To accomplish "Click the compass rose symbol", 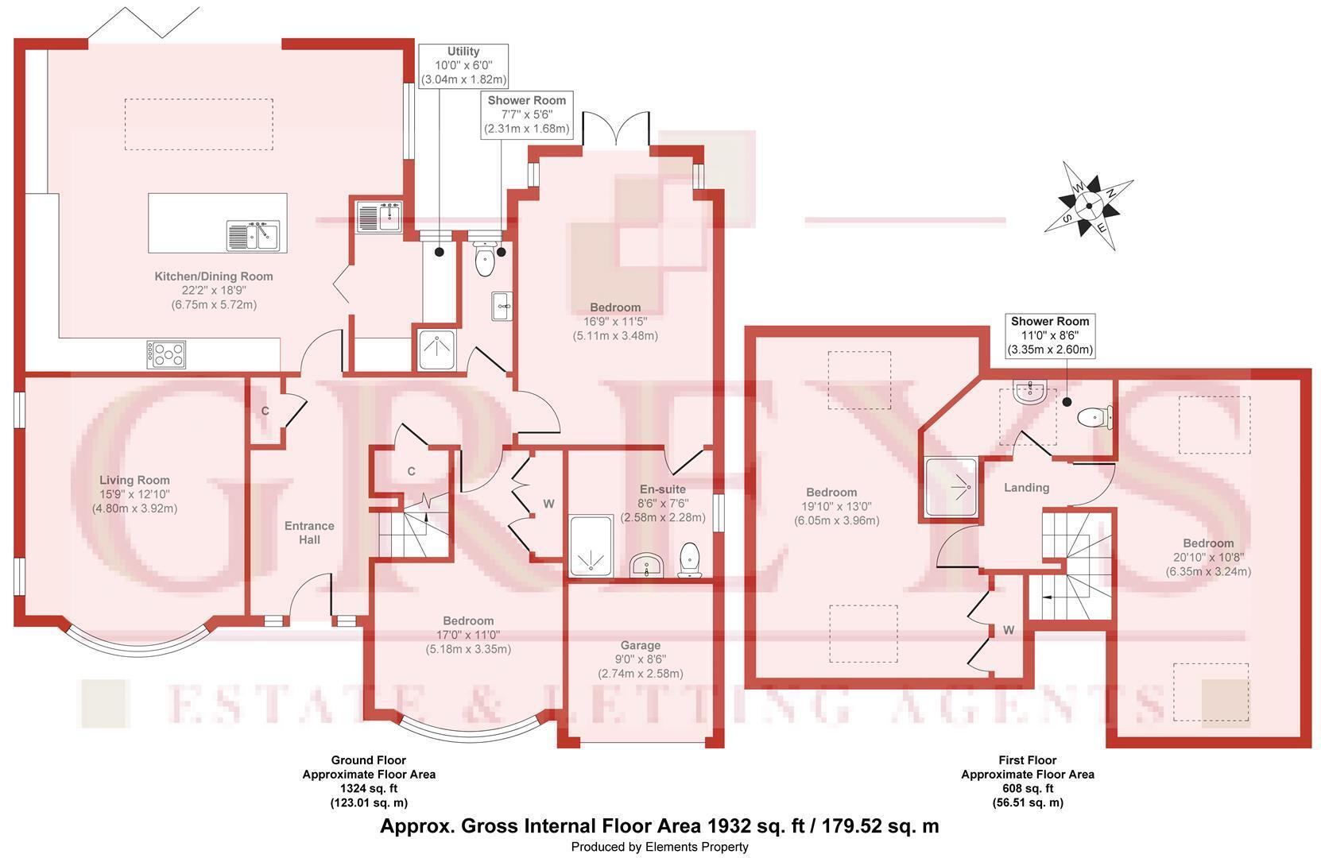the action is (1089, 207).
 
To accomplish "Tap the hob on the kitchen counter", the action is (166, 354).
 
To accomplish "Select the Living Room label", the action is (134, 481).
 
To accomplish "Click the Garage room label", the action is (641, 645).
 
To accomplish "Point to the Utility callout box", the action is (463, 66).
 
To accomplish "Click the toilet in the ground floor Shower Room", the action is (485, 260).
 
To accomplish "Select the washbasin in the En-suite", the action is (647, 566).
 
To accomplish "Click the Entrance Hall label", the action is (310, 533).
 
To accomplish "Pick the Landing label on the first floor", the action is (1027, 487).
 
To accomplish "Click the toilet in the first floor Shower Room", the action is (1094, 418).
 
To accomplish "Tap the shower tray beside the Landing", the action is (952, 487).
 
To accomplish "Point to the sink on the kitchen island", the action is (254, 236).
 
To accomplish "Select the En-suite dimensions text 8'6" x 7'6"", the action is (663, 503).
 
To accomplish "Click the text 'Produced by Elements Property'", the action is (660, 847).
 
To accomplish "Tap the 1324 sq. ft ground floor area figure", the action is (369, 788).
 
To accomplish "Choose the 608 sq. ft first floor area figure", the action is (1028, 788).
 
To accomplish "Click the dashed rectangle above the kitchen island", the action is (199, 125).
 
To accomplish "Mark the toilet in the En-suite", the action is (689, 560).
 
